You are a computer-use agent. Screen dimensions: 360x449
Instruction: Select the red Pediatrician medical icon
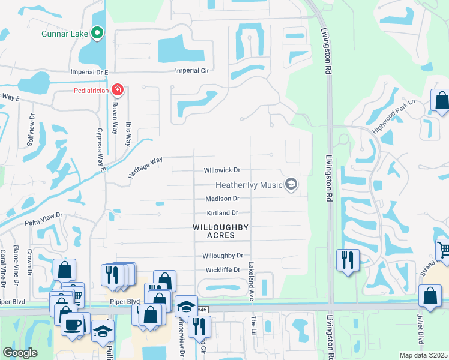(118, 91)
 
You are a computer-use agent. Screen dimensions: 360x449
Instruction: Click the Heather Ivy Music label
(249, 185)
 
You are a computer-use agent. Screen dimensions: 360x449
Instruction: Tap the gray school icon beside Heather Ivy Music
(292, 184)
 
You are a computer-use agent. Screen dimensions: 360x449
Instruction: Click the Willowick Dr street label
(221, 170)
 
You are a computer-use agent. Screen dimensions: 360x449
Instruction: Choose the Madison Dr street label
(222, 199)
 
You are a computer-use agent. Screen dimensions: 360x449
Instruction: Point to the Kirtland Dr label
(222, 213)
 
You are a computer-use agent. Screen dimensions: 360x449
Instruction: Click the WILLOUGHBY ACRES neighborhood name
(220, 231)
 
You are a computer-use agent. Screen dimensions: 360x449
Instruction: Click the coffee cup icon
(74, 325)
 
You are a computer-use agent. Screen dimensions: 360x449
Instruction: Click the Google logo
(20, 353)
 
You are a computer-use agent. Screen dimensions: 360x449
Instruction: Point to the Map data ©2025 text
(423, 355)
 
